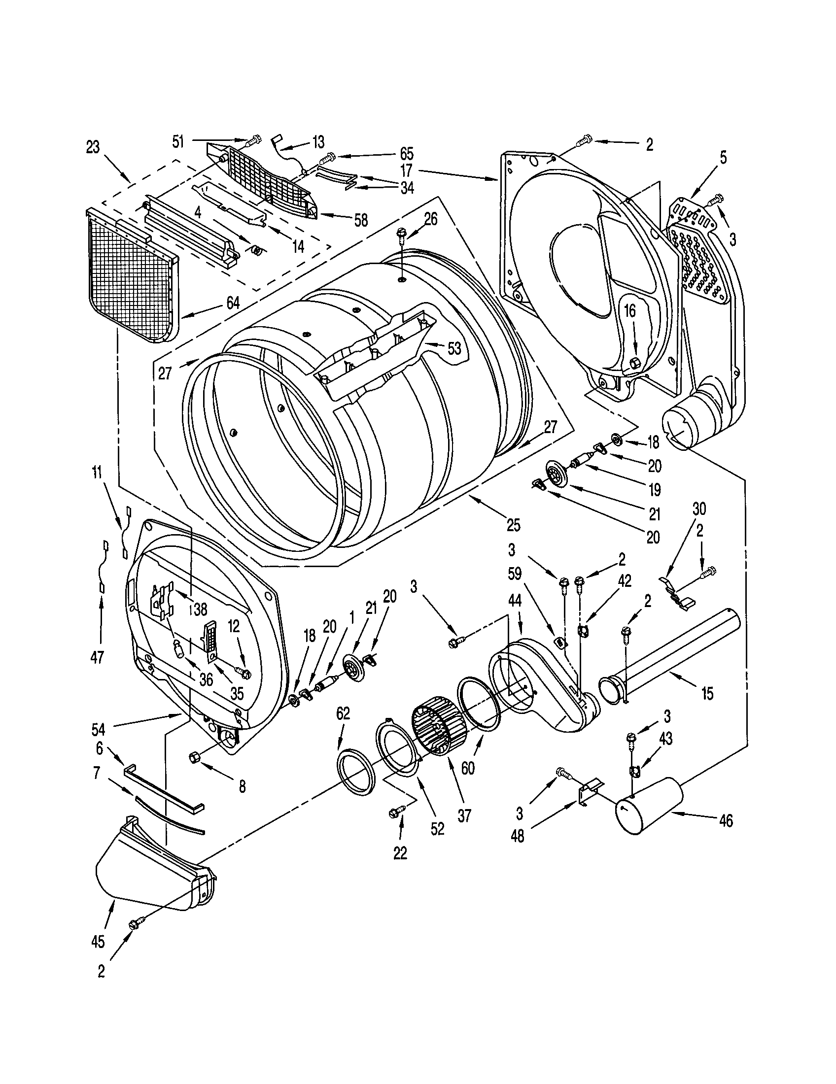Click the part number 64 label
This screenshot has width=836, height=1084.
click(x=232, y=302)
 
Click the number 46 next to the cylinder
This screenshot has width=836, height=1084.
click(x=726, y=821)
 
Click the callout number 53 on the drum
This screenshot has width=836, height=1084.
click(x=454, y=348)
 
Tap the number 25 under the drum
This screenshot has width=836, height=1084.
click(x=513, y=525)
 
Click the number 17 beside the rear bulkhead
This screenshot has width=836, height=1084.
click(x=407, y=171)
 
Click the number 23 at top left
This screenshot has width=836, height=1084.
click(x=93, y=147)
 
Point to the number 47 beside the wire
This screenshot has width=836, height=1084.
click(x=97, y=658)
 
